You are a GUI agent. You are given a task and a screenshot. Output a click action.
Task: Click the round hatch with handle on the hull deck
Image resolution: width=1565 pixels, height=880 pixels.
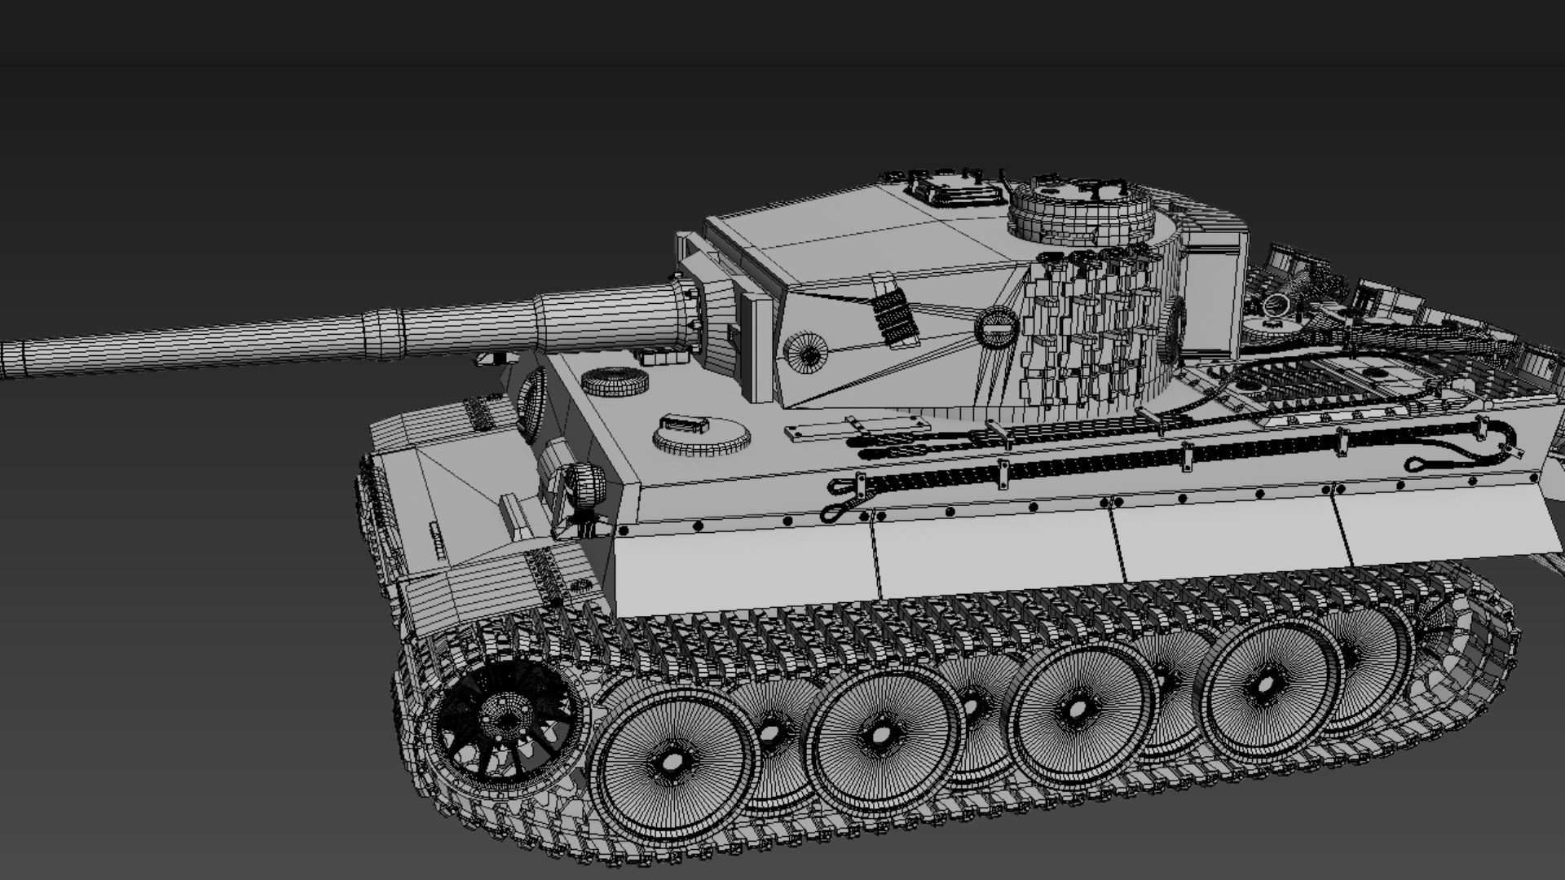pyautogui.click(x=701, y=436)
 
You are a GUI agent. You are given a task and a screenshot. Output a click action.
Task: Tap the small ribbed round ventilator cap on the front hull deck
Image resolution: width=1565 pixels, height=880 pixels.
pyautogui.click(x=615, y=381)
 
